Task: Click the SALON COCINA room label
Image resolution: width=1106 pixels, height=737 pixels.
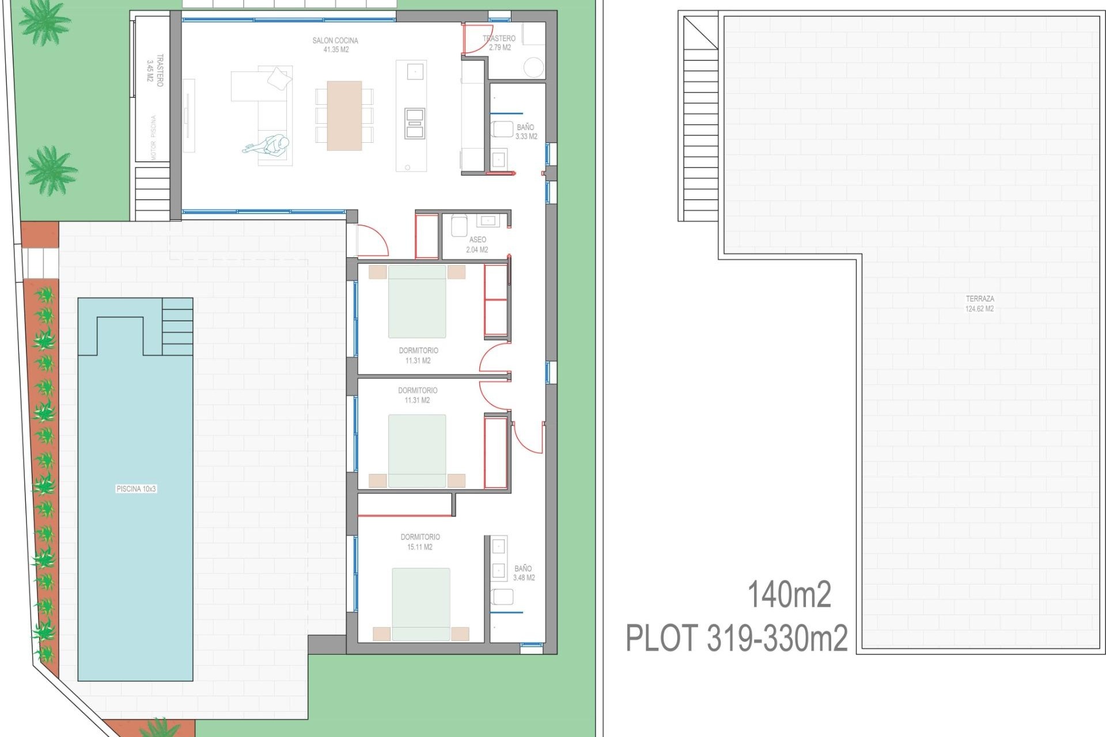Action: point(335,45)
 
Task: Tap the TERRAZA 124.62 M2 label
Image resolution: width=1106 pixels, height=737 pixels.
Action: point(979,303)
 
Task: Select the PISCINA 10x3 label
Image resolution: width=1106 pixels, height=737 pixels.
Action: point(136,489)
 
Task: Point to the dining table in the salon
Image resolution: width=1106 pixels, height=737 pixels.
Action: point(344,115)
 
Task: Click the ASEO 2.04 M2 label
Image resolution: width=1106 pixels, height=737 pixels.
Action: point(477,244)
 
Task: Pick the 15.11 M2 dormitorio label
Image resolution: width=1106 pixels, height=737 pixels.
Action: point(420,542)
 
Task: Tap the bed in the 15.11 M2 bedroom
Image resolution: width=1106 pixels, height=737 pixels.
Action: point(421,603)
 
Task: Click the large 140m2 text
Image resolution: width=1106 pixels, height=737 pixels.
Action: point(789,595)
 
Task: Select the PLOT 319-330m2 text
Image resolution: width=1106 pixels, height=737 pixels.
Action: point(736,638)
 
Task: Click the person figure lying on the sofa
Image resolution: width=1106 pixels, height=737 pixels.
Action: point(267,145)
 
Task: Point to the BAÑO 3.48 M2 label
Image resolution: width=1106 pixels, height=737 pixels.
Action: point(524,573)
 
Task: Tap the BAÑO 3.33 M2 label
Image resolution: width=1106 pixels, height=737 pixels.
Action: point(526,132)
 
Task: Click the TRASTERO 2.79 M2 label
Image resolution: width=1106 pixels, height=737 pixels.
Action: point(499,43)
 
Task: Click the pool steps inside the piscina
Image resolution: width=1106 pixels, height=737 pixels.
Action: point(177,326)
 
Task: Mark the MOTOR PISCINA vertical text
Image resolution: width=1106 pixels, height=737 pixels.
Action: point(153,138)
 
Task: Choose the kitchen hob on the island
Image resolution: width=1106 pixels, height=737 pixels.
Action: point(415,123)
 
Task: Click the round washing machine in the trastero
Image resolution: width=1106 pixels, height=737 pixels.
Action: point(534,67)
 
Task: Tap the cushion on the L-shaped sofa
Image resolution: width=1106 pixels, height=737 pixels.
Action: point(279,78)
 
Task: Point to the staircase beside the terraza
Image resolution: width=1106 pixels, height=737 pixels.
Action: point(700,132)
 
